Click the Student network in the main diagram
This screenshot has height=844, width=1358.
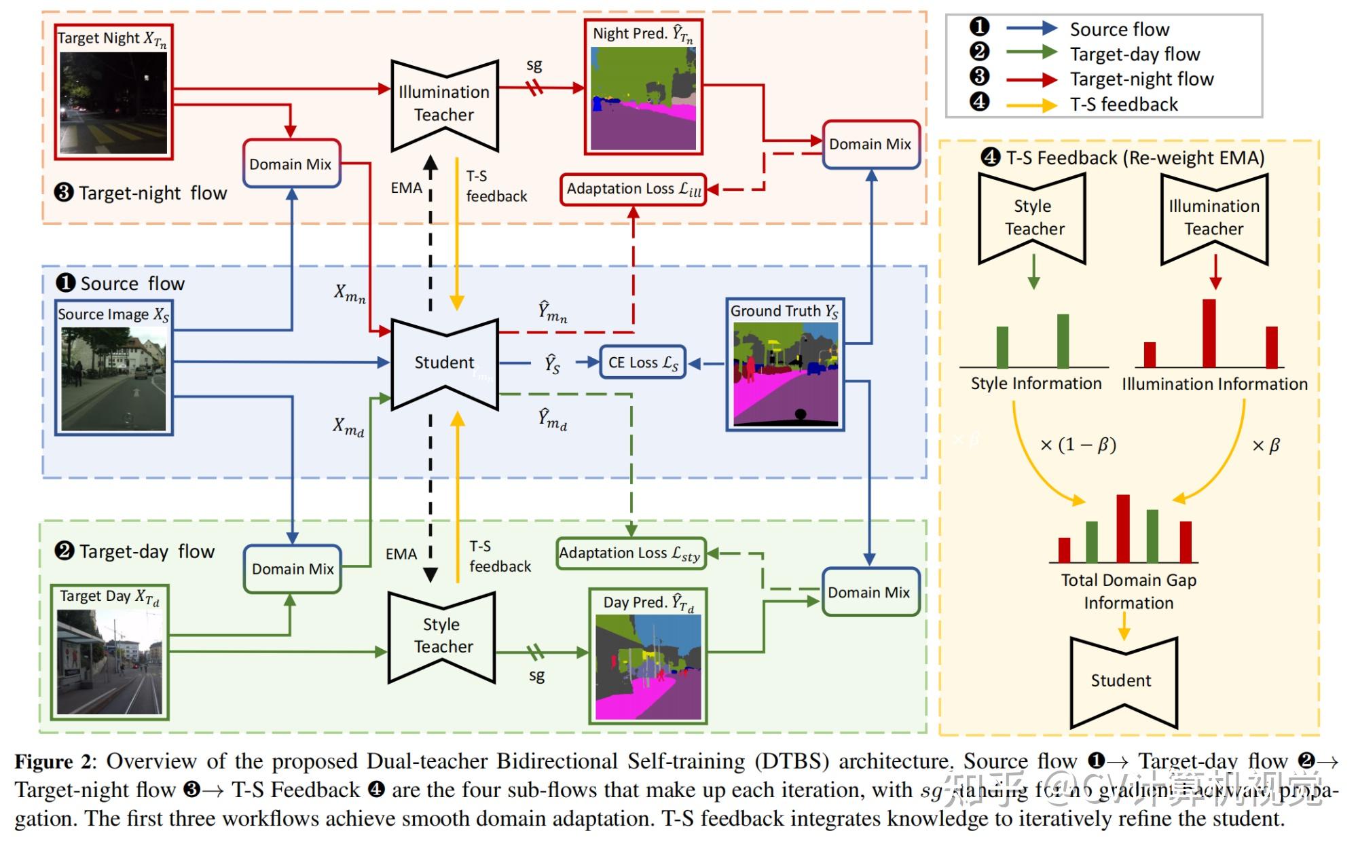click(445, 363)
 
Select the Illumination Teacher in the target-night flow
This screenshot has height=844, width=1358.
click(445, 104)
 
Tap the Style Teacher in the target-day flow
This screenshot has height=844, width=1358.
click(442, 636)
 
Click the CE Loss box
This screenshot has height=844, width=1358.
click(642, 363)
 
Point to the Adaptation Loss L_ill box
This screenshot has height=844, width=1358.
click(633, 189)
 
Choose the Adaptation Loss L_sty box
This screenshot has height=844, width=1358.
click(630, 553)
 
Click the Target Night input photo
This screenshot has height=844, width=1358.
click(113, 102)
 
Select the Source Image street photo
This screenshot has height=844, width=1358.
click(113, 379)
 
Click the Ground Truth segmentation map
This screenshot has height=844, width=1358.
click(785, 373)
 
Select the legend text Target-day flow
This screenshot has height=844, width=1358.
click(1135, 54)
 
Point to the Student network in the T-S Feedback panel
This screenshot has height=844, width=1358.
click(1123, 681)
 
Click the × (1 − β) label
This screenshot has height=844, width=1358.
click(1078, 445)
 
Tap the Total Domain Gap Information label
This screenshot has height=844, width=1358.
click(1128, 591)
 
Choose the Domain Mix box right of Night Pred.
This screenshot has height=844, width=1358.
click(870, 145)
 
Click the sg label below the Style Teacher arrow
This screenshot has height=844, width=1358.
click(536, 676)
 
